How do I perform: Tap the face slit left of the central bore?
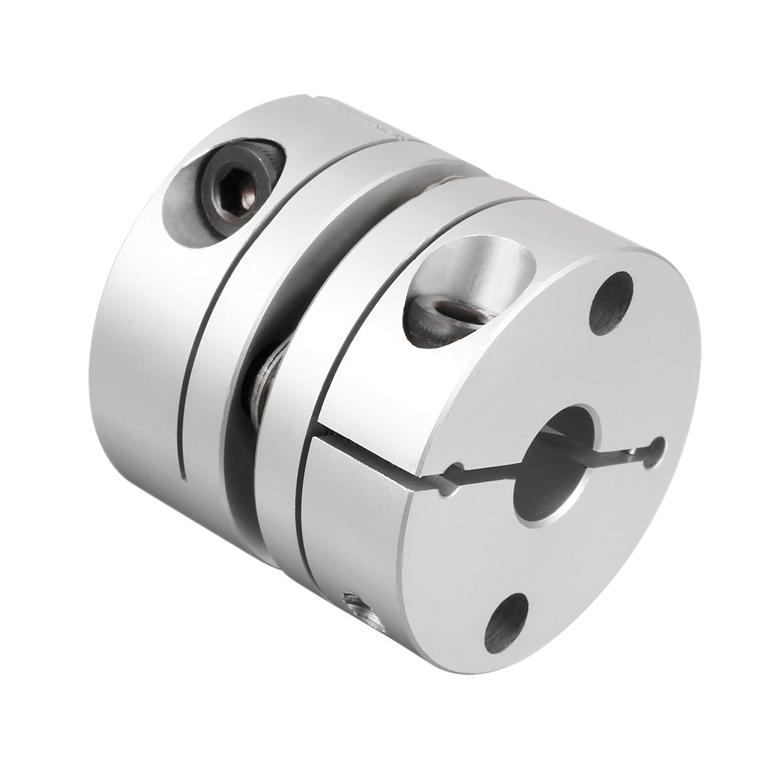[x=489, y=479]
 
